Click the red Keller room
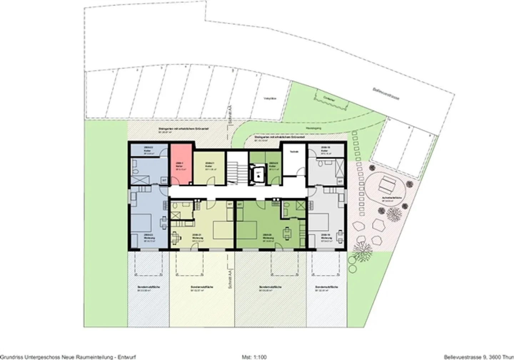181,164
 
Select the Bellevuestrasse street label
385,93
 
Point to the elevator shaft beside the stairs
257,174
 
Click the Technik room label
294,152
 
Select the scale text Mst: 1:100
254,357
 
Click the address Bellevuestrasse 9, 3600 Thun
479,357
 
